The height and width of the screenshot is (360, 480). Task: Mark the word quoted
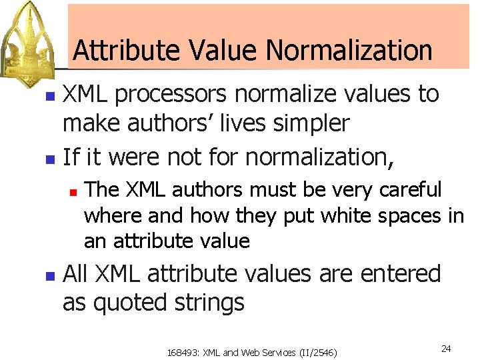coord(131,303)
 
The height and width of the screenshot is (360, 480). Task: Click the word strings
coord(209,303)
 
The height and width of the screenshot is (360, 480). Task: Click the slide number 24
coord(446,349)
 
